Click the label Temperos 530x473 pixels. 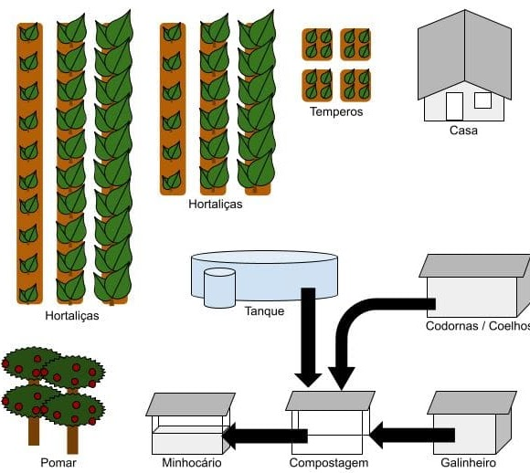coord(336,111)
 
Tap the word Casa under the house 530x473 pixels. coord(463,130)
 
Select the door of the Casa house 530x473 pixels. coord(454,106)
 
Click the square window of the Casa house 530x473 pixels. coord(482,100)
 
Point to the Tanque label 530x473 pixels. coord(264,310)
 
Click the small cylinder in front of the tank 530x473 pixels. coord(219,288)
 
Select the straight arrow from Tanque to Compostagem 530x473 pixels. coord(308,337)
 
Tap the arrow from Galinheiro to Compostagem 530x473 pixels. coord(412,435)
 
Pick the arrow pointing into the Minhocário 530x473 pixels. coord(265,436)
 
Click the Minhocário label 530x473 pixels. coord(192,463)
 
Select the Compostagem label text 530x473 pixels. coord(329,463)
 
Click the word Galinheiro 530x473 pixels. coord(468,463)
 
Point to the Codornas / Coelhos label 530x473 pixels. coord(478,326)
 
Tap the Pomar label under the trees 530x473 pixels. coord(58,463)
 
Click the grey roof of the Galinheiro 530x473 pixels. coord(472,403)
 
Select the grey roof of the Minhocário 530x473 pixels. coord(190,405)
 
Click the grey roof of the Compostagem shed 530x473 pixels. coord(330,401)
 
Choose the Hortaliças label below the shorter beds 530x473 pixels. coord(216,204)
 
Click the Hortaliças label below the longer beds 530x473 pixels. coord(72,316)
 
